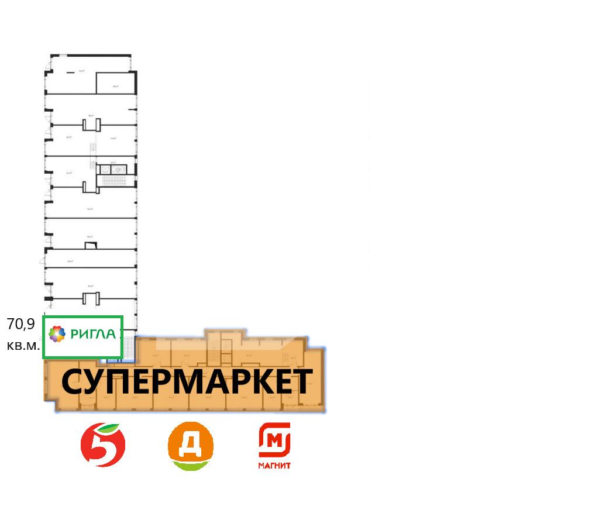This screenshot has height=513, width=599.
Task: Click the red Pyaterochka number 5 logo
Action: point(103,445)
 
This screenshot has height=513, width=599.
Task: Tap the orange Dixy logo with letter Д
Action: point(191,443)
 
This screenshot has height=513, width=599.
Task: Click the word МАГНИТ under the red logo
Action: point(274,466)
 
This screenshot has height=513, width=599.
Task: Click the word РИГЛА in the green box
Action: point(93,335)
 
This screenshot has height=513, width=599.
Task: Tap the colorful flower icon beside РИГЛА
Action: point(57,335)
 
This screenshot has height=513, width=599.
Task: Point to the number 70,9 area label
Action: point(20,323)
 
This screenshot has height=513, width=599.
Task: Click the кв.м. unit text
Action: point(23,345)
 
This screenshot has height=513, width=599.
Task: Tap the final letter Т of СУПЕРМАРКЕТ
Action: point(301,383)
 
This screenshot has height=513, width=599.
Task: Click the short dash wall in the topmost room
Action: point(70,73)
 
